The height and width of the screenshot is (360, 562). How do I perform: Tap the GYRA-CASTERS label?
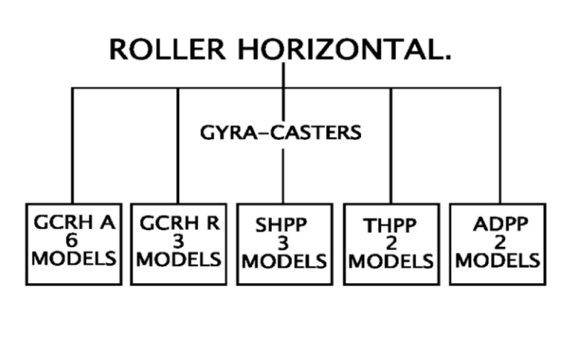pos(280,132)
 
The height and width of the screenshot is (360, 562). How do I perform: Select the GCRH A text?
pos(74,223)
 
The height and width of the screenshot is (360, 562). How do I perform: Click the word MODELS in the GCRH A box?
pos(74,257)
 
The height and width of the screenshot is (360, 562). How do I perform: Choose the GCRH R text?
pos(179,223)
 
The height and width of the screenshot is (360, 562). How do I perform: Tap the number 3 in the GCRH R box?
pos(179,240)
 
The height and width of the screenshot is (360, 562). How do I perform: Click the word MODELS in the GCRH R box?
pos(179,257)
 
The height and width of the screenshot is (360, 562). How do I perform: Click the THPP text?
pos(391,227)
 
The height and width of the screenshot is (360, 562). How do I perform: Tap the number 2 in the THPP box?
pos(390,244)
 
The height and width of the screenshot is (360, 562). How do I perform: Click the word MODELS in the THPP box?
pos(391,261)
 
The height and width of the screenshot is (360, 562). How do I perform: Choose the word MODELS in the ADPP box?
pos(497,261)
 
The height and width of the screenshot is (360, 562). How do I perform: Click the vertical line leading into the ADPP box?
pos(500,146)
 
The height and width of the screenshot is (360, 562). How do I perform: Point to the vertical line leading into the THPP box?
pos(391,146)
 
